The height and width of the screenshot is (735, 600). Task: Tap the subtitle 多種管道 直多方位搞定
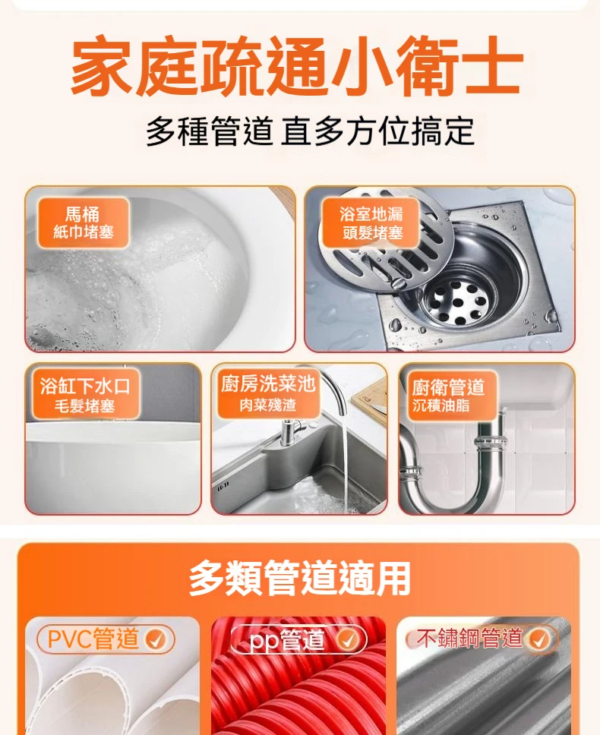pos(310,132)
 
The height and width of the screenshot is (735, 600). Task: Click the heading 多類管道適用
pos(299,579)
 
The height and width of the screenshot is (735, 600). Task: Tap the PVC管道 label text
pos(93,639)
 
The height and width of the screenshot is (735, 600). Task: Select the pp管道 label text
pos(288,640)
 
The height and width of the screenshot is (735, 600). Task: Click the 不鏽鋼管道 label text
pos(469,639)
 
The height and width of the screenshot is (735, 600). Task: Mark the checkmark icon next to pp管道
pos(348,640)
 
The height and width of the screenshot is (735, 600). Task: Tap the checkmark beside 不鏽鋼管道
pos(538,639)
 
